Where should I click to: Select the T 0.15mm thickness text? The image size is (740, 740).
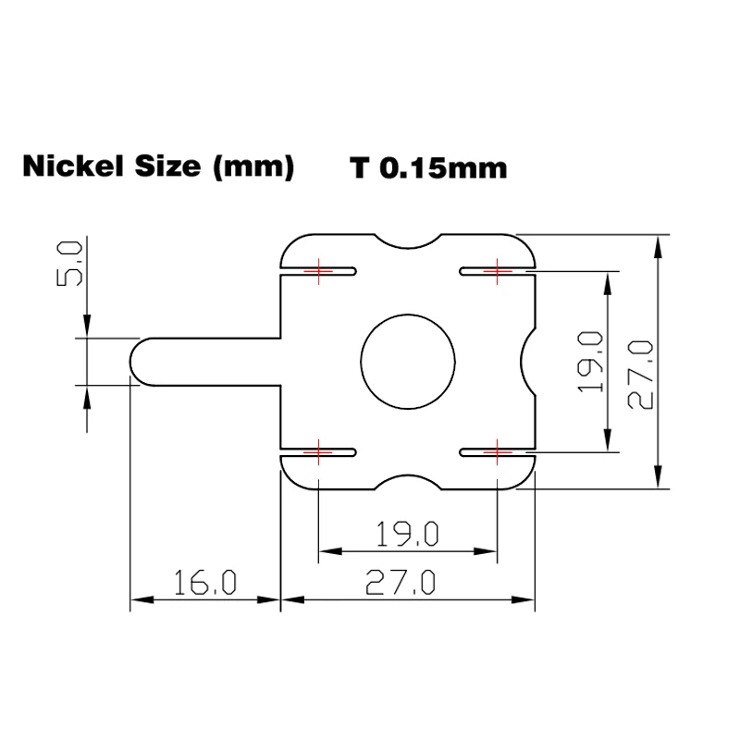[428, 168]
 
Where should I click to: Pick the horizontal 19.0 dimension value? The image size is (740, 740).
[407, 534]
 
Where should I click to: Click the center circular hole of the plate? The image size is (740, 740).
[408, 358]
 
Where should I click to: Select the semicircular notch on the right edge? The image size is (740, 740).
[530, 360]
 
